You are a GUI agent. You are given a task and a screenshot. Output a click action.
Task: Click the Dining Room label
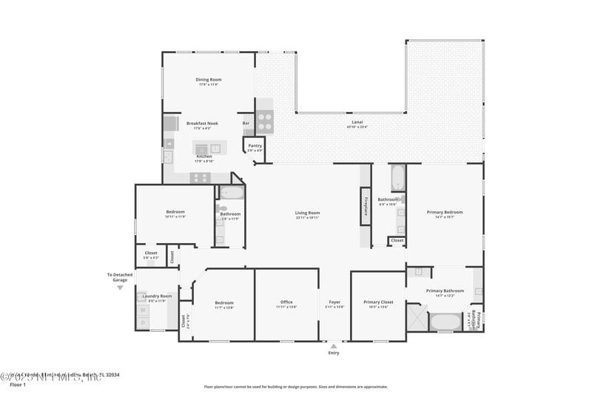tap(209, 79)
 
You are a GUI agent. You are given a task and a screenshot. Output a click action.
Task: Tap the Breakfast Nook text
tap(202, 123)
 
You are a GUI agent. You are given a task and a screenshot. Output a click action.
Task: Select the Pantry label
tap(255, 145)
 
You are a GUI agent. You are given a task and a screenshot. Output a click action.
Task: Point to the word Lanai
tap(357, 122)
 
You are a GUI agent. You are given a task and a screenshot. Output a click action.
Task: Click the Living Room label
tap(307, 213)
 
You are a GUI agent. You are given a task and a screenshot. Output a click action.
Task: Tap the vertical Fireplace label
tap(366, 205)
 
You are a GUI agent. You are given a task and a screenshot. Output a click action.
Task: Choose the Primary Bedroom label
tap(445, 213)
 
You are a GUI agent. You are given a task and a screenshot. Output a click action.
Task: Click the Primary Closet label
tap(377, 302)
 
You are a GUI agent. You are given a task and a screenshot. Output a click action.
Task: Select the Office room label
tap(286, 302)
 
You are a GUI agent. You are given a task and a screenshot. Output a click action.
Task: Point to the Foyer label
tap(335, 302)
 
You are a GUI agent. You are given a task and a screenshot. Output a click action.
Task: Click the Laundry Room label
tap(155, 296)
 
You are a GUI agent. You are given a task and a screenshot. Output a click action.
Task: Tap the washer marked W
tap(143, 311)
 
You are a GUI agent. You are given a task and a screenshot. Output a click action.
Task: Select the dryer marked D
tap(143, 322)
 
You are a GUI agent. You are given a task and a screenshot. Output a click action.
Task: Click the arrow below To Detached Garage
tap(120, 288)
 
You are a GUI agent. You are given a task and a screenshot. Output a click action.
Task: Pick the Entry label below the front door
tap(334, 352)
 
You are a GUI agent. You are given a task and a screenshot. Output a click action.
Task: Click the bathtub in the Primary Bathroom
tap(445, 322)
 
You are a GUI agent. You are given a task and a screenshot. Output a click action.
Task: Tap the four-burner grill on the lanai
tap(264, 121)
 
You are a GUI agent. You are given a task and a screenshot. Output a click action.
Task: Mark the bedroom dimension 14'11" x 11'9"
tap(175, 217)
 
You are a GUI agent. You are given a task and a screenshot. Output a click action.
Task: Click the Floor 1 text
tap(17, 385)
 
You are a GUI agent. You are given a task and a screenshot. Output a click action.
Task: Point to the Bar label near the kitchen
tap(246, 123)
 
